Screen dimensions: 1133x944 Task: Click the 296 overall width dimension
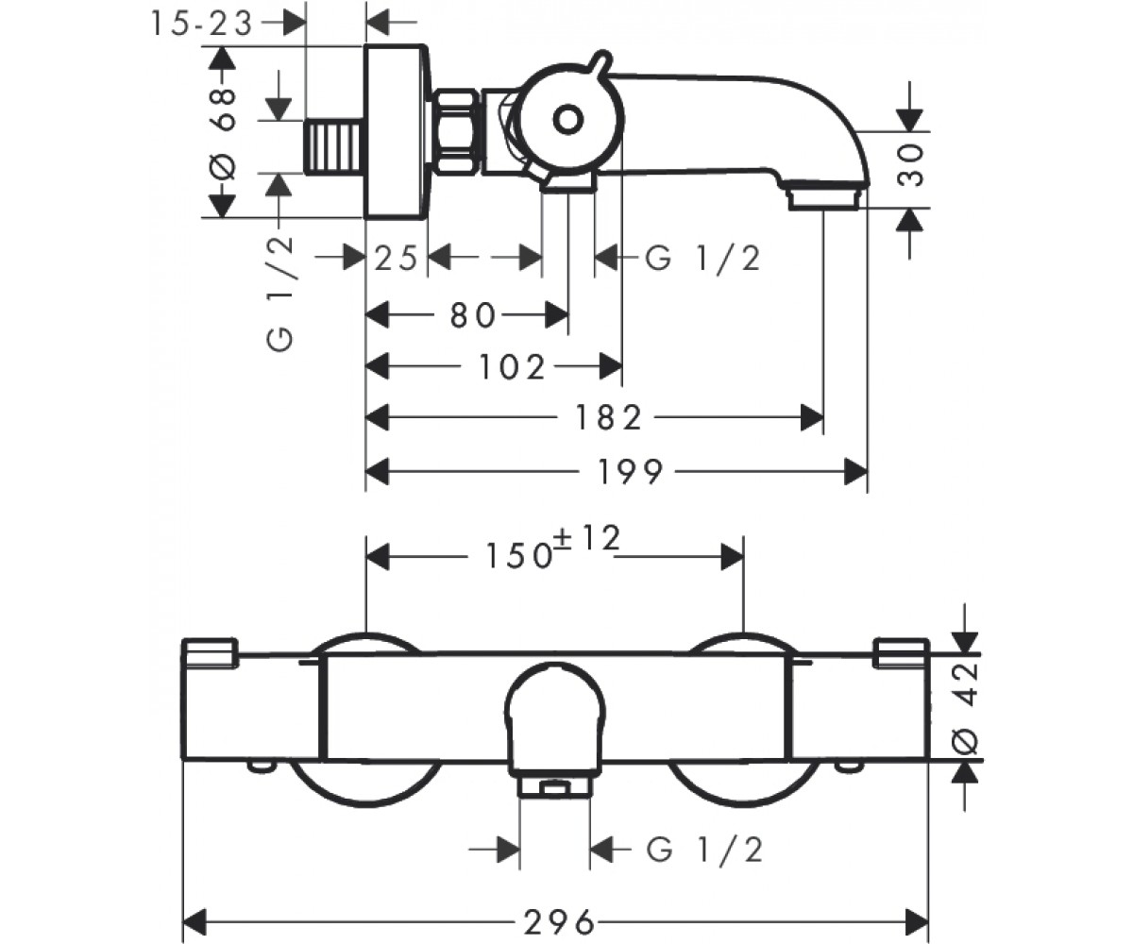(559, 922)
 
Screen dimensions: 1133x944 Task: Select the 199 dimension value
(630, 471)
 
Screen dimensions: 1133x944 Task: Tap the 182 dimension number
(608, 418)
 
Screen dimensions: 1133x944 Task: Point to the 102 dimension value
(511, 367)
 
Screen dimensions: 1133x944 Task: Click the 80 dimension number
(473, 315)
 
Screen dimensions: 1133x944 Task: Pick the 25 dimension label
(396, 259)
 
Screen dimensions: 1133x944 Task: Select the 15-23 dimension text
(202, 24)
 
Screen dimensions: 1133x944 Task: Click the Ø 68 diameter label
(222, 135)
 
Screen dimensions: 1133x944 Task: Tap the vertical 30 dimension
(910, 165)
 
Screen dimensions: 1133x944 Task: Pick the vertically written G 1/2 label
(279, 294)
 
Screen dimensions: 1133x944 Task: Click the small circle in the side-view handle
(568, 120)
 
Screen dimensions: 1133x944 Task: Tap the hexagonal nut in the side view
(457, 133)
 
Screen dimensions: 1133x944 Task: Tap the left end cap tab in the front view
(210, 652)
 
